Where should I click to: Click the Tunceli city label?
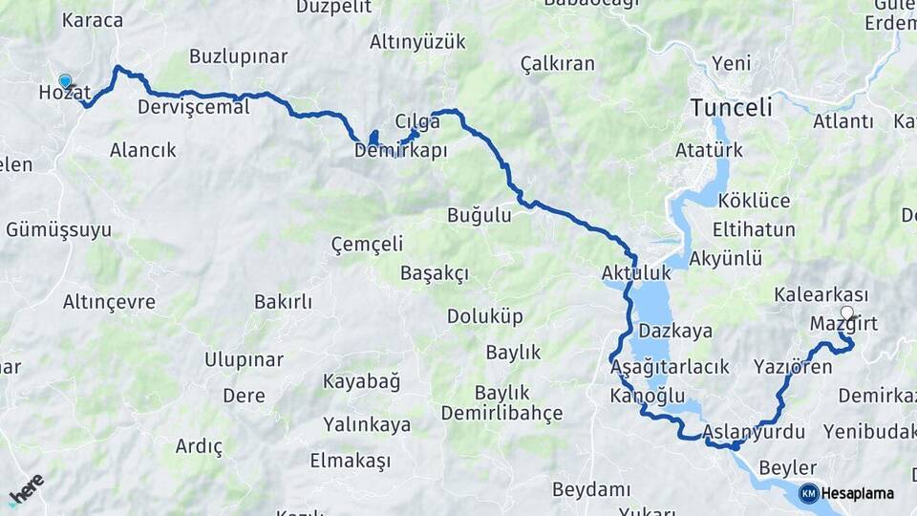point(732,107)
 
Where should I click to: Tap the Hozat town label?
point(64,93)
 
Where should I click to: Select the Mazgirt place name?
point(842,324)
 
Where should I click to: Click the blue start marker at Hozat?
point(65,81)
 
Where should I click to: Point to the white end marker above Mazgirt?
point(846,312)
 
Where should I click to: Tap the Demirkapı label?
point(400,151)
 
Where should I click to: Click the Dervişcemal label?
point(193,106)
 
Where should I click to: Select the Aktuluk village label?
point(636,273)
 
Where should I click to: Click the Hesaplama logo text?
point(857,493)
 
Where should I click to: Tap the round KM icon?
point(808,493)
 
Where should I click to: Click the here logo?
point(26,489)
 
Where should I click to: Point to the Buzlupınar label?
point(238,56)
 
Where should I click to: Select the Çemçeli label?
point(367,244)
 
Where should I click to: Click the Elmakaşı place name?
point(350,461)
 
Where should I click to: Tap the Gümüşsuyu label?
point(58,229)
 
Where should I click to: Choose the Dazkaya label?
point(675,332)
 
